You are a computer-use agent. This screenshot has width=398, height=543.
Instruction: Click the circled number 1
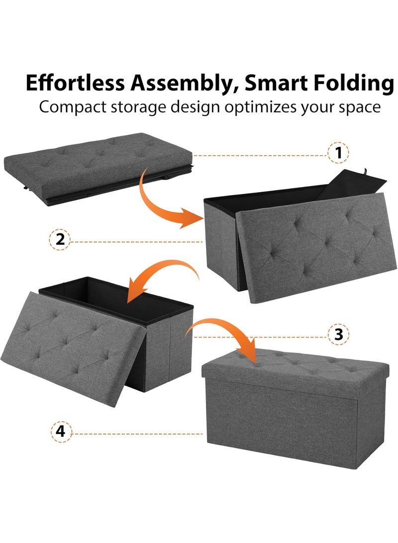tap(339, 153)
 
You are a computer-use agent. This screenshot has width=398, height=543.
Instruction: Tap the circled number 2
tap(60, 239)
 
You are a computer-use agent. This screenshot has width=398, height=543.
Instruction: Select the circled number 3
tap(339, 334)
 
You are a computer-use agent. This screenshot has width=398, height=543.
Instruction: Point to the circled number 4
tap(60, 431)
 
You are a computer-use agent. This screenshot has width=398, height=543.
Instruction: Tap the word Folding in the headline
tap(351, 83)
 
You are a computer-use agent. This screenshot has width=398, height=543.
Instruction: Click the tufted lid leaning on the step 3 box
tap(85, 338)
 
